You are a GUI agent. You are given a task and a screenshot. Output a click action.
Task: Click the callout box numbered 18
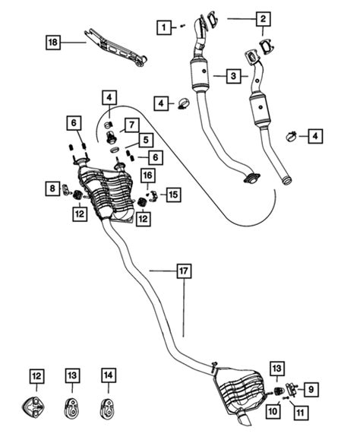tap(53, 43)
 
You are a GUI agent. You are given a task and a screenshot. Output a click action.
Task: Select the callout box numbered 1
tap(164, 27)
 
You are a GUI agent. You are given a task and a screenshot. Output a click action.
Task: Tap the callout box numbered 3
tap(233, 75)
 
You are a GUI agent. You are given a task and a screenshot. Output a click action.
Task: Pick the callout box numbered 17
tap(184, 271)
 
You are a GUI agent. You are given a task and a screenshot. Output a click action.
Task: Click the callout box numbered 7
tap(131, 125)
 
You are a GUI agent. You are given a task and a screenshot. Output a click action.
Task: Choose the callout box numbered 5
tap(146, 140)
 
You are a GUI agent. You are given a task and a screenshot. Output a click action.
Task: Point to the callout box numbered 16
tap(148, 176)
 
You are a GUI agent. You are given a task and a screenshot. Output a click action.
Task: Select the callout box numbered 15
tap(173, 195)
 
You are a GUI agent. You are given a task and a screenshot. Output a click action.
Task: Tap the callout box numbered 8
tap(52, 188)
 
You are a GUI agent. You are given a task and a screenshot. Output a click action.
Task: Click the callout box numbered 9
tap(311, 389)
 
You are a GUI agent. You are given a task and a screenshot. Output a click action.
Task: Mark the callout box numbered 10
tap(273, 411)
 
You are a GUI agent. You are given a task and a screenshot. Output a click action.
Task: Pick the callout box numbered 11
tap(301, 413)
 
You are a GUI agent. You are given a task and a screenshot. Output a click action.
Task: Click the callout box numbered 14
tap(109, 375)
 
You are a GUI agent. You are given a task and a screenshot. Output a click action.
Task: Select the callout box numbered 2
tap(263, 19)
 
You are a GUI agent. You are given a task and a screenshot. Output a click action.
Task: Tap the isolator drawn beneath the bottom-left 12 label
tap(33, 407)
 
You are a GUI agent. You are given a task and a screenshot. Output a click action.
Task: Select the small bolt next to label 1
tap(182, 26)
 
